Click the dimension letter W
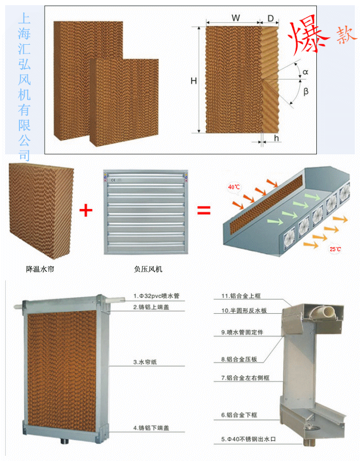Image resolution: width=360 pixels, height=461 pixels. tap(235, 17)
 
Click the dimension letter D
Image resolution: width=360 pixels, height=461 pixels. tap(271, 18)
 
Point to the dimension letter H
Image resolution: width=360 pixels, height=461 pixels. tap(193, 81)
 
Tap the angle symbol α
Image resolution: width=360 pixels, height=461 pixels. tap(305, 73)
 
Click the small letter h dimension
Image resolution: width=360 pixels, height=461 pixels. tap(276, 138)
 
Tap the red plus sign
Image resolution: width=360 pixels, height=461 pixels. tap(87, 210)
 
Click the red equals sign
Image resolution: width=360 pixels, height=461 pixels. tap(205, 209)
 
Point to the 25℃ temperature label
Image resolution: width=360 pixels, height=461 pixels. tap(335, 249)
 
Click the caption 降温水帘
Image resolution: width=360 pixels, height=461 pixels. tap(40, 269)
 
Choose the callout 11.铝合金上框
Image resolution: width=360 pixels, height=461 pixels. tap(241, 296)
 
